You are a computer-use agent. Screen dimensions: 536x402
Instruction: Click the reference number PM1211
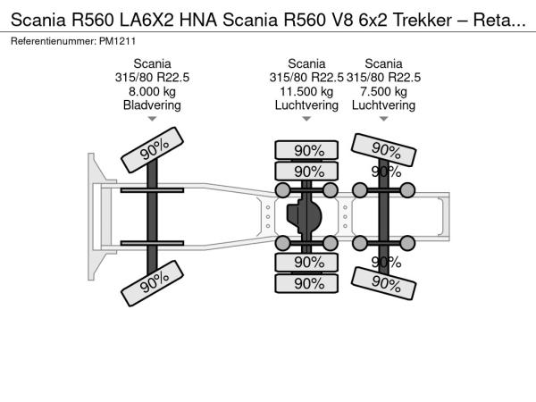point(117,41)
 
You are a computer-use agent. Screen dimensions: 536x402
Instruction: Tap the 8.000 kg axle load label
point(152,92)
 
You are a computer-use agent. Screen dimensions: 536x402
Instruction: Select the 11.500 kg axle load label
point(306,92)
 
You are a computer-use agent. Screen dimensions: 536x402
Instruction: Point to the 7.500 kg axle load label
point(383,92)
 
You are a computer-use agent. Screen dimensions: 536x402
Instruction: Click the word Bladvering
point(152,105)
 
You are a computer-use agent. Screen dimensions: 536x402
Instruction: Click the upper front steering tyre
point(153,150)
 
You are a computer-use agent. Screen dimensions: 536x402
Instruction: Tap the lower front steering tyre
point(153,283)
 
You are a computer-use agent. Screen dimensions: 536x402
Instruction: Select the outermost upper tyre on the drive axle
point(306,150)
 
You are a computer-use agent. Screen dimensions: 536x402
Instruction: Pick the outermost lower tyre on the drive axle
point(306,283)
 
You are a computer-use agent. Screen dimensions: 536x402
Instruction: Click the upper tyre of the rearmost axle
point(383,150)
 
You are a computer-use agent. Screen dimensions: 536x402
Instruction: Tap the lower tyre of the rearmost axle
point(383,283)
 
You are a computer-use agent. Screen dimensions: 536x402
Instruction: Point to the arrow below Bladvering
point(152,119)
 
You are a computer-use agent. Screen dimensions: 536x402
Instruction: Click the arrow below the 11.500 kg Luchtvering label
point(306,119)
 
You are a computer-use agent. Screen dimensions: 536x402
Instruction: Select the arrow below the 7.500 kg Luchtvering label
point(383,119)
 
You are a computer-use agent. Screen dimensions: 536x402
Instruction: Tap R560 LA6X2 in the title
point(124,21)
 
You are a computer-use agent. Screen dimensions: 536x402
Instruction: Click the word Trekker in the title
point(423,21)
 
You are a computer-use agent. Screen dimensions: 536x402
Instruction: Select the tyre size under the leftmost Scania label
point(152,78)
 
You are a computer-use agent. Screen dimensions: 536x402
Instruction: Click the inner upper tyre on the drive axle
point(306,171)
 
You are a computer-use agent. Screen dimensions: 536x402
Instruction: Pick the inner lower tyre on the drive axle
point(306,263)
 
